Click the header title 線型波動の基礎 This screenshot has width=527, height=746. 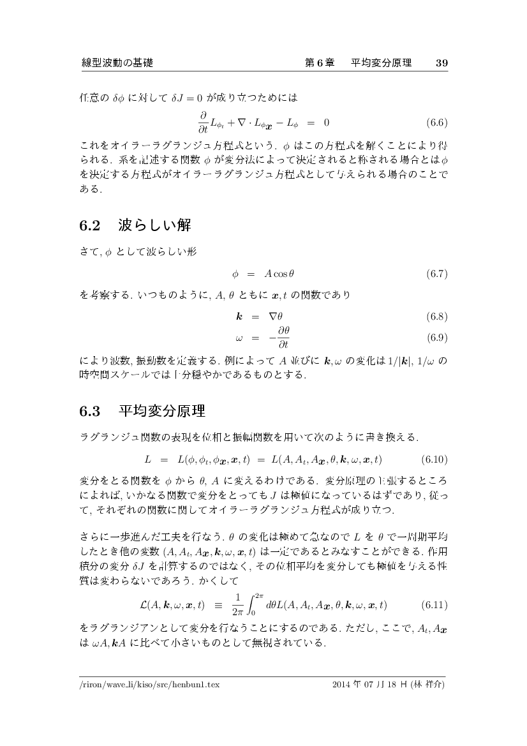click(x=117, y=63)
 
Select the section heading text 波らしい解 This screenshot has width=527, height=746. click(x=155, y=226)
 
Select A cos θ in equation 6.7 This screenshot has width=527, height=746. click(x=279, y=274)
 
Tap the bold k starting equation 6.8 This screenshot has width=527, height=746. click(x=238, y=316)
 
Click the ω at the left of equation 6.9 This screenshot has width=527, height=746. click(x=238, y=336)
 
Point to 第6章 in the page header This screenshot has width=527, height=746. click(x=320, y=63)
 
